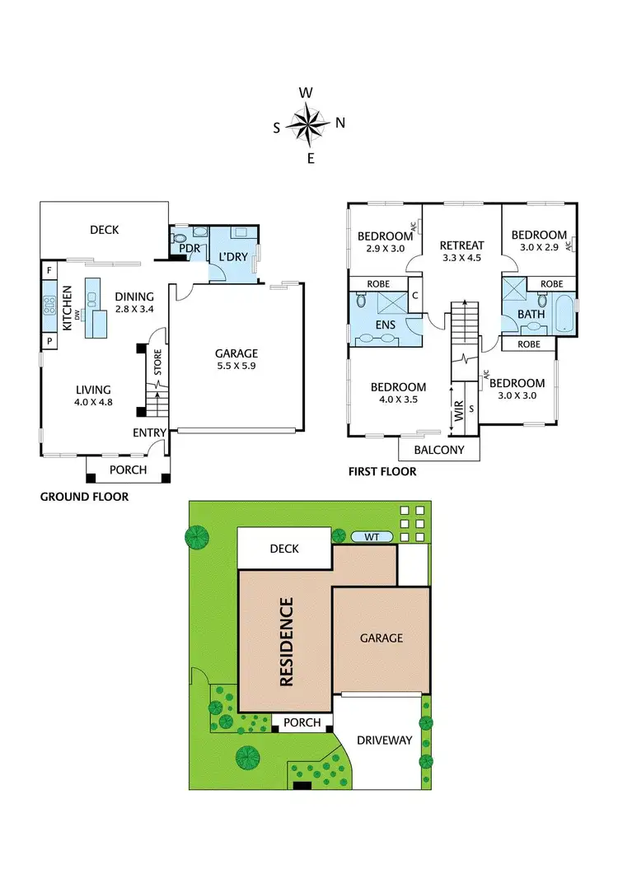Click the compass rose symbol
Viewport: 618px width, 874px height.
click(x=309, y=124)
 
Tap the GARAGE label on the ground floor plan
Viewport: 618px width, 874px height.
click(x=237, y=353)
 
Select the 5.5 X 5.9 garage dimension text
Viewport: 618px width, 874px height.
click(x=237, y=367)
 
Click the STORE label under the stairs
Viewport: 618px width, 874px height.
click(x=157, y=365)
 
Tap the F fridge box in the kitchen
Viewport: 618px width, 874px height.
click(x=49, y=269)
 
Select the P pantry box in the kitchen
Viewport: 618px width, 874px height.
click(x=49, y=340)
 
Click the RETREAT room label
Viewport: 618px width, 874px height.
click(x=461, y=245)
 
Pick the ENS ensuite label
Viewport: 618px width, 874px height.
click(x=386, y=325)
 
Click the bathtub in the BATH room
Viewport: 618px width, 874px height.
click(x=564, y=315)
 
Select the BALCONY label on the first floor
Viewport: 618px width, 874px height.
click(x=438, y=450)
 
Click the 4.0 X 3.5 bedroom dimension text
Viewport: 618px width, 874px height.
click(x=397, y=400)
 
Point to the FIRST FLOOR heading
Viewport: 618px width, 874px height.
click(x=383, y=472)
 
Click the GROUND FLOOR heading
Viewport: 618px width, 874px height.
click(x=84, y=497)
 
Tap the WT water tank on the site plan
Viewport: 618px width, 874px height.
click(x=372, y=537)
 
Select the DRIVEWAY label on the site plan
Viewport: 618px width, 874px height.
click(x=383, y=740)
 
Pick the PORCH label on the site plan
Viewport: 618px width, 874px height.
click(x=302, y=722)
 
